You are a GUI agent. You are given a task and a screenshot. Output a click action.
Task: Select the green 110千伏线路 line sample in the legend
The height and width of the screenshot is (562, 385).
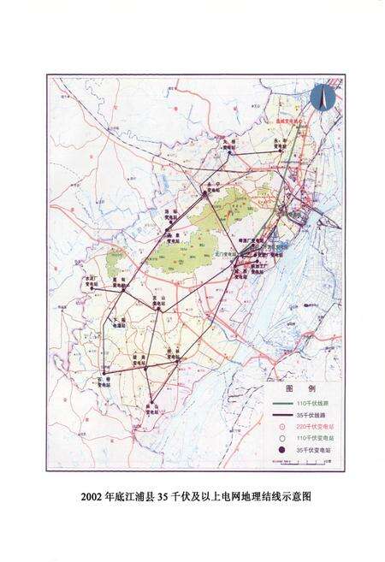(x=282, y=401)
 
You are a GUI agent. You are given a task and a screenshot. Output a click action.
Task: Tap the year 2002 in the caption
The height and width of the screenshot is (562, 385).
(x=92, y=496)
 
